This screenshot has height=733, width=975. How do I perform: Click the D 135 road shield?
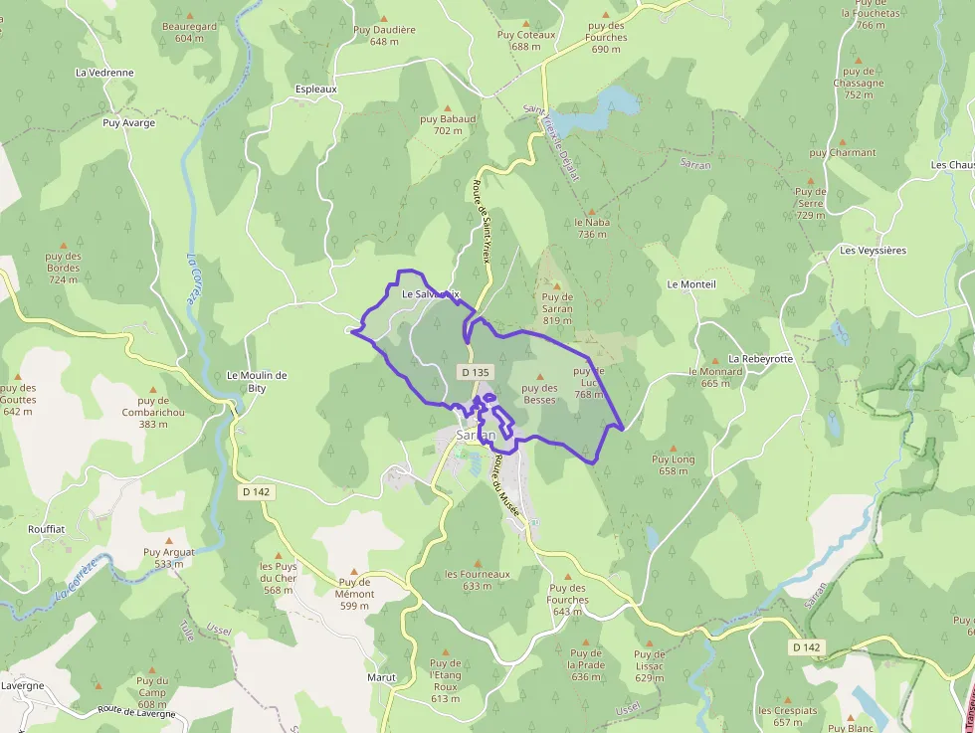pyautogui.click(x=476, y=372)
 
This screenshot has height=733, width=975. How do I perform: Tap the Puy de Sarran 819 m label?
pyautogui.click(x=557, y=308)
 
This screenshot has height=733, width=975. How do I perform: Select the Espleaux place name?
pyautogui.click(x=316, y=89)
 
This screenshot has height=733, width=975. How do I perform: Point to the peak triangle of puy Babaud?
pyautogui.click(x=447, y=106)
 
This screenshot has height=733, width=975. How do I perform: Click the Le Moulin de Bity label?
pyautogui.click(x=257, y=381)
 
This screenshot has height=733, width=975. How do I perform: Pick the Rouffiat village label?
pyautogui.click(x=47, y=529)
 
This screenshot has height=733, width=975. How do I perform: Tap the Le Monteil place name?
pyautogui.click(x=691, y=284)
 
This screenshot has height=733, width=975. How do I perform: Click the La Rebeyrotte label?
pyautogui.click(x=761, y=358)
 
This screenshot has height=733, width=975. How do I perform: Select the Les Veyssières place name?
pyautogui.click(x=873, y=251)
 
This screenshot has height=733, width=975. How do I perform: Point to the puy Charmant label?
pyautogui.click(x=843, y=153)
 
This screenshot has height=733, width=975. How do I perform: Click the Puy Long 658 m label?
pyautogui.click(x=674, y=464)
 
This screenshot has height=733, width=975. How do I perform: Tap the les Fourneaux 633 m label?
pyautogui.click(x=478, y=580)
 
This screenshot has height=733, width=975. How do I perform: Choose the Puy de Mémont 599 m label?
pyautogui.click(x=355, y=594)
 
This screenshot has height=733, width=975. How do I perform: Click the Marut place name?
pyautogui.click(x=381, y=677)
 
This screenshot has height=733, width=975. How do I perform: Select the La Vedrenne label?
pyautogui.click(x=104, y=73)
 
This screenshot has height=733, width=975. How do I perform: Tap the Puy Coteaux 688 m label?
pyautogui.click(x=526, y=40)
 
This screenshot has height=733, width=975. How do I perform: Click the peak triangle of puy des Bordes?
pyautogui.click(x=64, y=245)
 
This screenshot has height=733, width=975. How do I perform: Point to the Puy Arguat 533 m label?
pyautogui.click(x=169, y=557)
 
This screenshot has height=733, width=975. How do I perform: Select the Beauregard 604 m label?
pyautogui.click(x=189, y=32)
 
